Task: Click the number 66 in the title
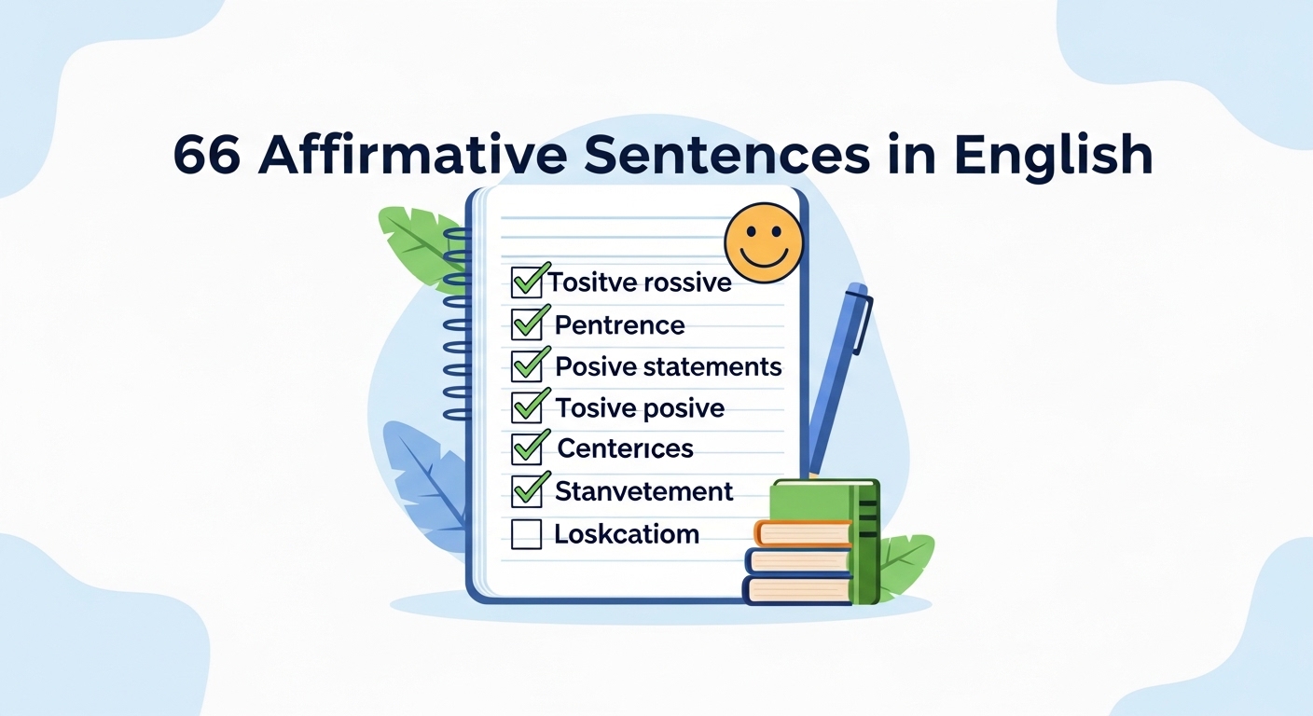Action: (208, 155)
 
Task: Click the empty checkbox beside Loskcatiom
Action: (527, 534)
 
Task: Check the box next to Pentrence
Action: (527, 324)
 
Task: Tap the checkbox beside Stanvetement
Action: (527, 490)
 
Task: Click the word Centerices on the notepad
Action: (626, 448)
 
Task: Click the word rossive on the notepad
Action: (688, 282)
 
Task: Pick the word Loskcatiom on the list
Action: (627, 534)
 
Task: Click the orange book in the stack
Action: (803, 533)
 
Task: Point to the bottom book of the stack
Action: (797, 589)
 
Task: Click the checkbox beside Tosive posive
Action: (527, 407)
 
